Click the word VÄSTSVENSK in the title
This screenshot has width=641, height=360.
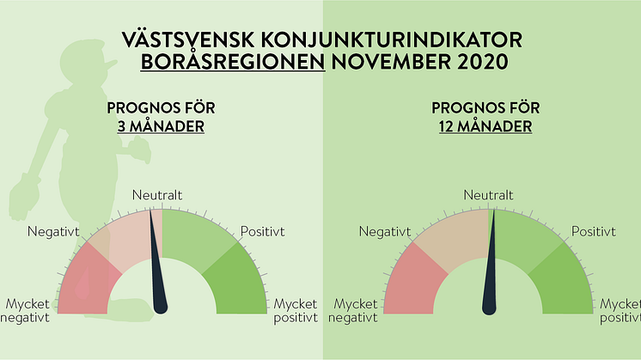[188, 40]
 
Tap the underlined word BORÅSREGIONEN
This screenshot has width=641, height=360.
[233, 62]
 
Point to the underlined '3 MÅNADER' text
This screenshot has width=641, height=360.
[161, 126]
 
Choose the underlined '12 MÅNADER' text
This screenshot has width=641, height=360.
[485, 126]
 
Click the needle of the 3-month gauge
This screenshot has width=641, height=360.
[158, 261]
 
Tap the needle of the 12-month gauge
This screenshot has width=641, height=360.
[490, 262]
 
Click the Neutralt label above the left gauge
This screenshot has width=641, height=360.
[157, 195]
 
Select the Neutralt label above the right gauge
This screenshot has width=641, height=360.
[489, 195]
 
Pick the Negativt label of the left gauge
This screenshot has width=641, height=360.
[53, 232]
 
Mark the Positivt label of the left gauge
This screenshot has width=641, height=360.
[262, 231]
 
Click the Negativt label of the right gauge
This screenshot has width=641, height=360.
[385, 232]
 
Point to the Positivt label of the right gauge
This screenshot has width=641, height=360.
[593, 231]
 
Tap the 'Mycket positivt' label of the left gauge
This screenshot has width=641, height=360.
[296, 311]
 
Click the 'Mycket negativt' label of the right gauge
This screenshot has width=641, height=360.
[353, 311]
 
